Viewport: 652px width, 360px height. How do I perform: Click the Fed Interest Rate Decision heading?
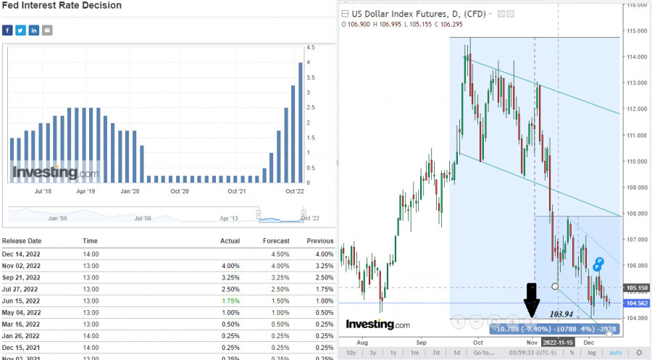(62, 6)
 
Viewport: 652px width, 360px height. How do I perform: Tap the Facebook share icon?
(7, 30)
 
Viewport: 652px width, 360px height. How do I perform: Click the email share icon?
(48, 30)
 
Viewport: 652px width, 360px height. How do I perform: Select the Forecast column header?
(276, 241)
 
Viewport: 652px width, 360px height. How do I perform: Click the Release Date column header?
(22, 241)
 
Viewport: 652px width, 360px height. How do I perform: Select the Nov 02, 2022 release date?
(22, 266)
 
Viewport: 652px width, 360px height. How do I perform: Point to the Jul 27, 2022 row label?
(21, 288)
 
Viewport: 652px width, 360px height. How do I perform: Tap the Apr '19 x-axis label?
(85, 191)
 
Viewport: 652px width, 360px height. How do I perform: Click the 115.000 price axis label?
(637, 30)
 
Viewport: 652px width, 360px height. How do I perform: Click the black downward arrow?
(532, 299)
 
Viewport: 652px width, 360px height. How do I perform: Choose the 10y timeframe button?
(351, 353)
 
